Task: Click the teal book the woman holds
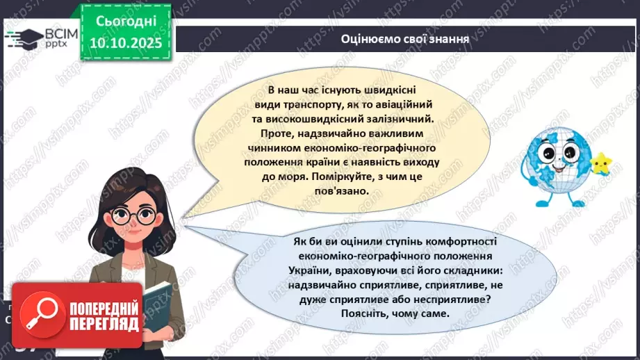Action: [x=158, y=306]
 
